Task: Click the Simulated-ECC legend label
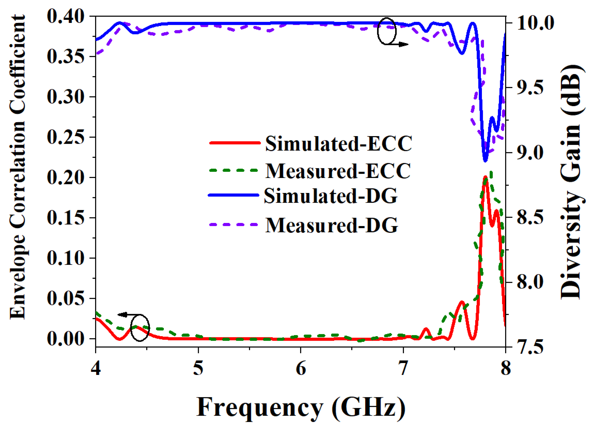pyautogui.click(x=339, y=144)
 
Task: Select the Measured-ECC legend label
pyautogui.click(x=338, y=171)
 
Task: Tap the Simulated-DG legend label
pyautogui.click(x=331, y=196)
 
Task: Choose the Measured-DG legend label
pyautogui.click(x=331, y=225)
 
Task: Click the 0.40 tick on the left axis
pyautogui.click(x=66, y=16)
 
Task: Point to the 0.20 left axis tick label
pyautogui.click(x=66, y=178)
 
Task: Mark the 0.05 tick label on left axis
pyautogui.click(x=66, y=299)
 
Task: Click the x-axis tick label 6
pyautogui.click(x=301, y=369)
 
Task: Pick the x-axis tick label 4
pyautogui.click(x=96, y=369)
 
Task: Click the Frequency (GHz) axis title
pyautogui.click(x=301, y=407)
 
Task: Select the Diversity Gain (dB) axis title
pyautogui.click(x=571, y=181)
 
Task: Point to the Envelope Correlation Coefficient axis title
pyautogui.click(x=18, y=167)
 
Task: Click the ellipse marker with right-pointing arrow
pyautogui.click(x=387, y=31)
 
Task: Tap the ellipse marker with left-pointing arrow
pyautogui.click(x=140, y=328)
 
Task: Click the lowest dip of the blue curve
pyautogui.click(x=485, y=161)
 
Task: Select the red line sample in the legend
pyautogui.click(x=234, y=143)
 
